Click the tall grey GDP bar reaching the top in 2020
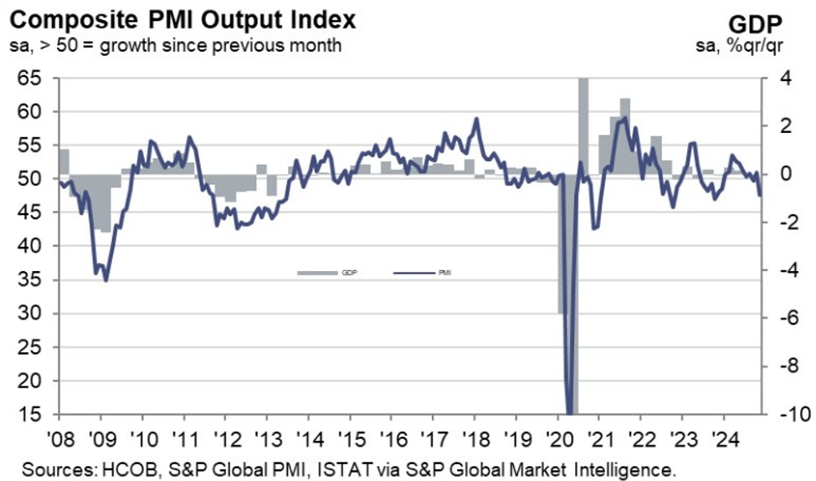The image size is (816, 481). pyautogui.click(x=582, y=125)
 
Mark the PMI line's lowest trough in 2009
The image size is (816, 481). pyautogui.click(x=105, y=280)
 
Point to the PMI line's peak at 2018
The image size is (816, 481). pyautogui.click(x=476, y=119)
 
